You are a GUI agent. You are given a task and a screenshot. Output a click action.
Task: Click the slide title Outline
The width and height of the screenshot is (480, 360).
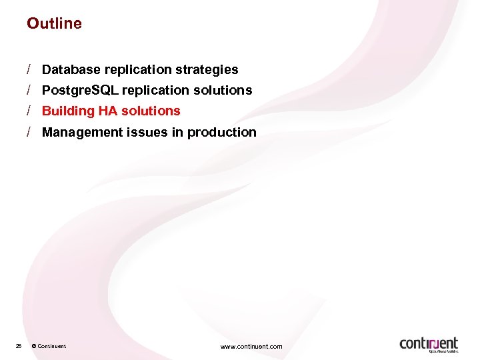point(54,23)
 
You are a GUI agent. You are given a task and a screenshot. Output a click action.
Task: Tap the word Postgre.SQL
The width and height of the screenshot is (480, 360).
point(79,90)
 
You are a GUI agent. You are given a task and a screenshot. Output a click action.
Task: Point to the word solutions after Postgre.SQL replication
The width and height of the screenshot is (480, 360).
point(224,90)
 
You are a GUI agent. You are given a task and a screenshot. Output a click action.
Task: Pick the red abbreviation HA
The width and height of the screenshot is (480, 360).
point(108,111)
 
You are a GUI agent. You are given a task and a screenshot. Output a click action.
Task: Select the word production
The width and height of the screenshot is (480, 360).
point(222,132)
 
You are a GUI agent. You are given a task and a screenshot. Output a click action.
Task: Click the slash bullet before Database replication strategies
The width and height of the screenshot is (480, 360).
point(30,69)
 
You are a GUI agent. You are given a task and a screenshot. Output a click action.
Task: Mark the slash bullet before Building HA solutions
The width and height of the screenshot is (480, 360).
point(30,111)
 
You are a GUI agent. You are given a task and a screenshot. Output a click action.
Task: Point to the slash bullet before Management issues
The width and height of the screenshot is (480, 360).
point(30,132)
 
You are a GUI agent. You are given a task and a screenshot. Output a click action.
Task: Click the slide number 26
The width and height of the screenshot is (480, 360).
point(19,346)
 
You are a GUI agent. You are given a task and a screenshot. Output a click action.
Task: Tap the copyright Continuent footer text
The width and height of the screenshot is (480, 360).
point(49,346)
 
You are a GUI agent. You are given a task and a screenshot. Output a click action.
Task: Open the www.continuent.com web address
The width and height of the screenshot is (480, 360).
point(251,346)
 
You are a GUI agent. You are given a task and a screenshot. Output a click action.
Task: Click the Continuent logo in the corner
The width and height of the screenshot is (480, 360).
point(429,344)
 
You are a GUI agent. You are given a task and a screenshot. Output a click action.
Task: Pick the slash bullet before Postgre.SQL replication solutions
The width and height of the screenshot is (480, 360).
point(30,90)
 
